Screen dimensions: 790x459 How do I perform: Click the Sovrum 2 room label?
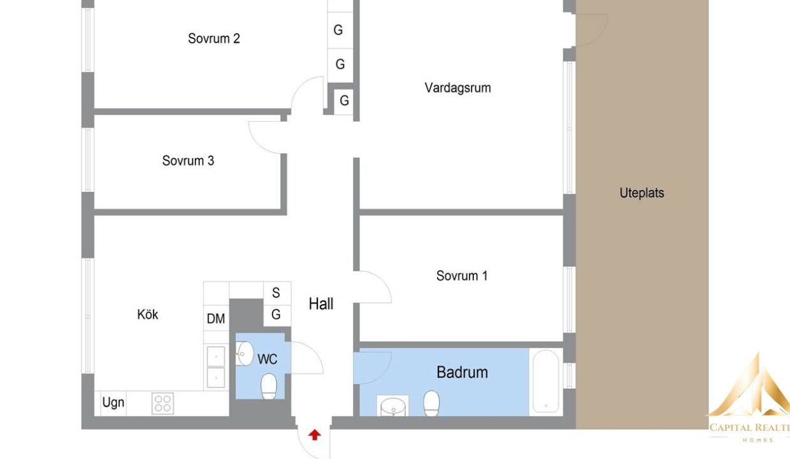213,38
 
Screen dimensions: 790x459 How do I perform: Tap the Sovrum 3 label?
188,161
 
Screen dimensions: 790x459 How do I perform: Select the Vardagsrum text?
457,88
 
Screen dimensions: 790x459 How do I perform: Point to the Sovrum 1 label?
462,276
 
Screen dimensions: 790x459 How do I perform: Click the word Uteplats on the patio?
642,193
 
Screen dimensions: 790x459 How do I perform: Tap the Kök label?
147,314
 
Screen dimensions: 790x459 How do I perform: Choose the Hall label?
321,303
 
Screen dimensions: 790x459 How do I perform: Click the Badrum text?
462,372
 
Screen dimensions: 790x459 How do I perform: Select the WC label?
267,360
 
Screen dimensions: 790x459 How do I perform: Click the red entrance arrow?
315,435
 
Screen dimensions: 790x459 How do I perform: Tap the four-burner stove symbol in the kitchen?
162,404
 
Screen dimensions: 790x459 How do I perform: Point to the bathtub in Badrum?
545,381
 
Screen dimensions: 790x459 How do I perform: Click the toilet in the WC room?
269,386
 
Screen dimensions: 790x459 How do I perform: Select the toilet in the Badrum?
431,404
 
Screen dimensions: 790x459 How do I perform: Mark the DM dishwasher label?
215,319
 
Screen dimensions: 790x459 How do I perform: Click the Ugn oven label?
113,402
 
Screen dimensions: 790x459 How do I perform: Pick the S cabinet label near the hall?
276,293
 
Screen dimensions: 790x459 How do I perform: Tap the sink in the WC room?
245,353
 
